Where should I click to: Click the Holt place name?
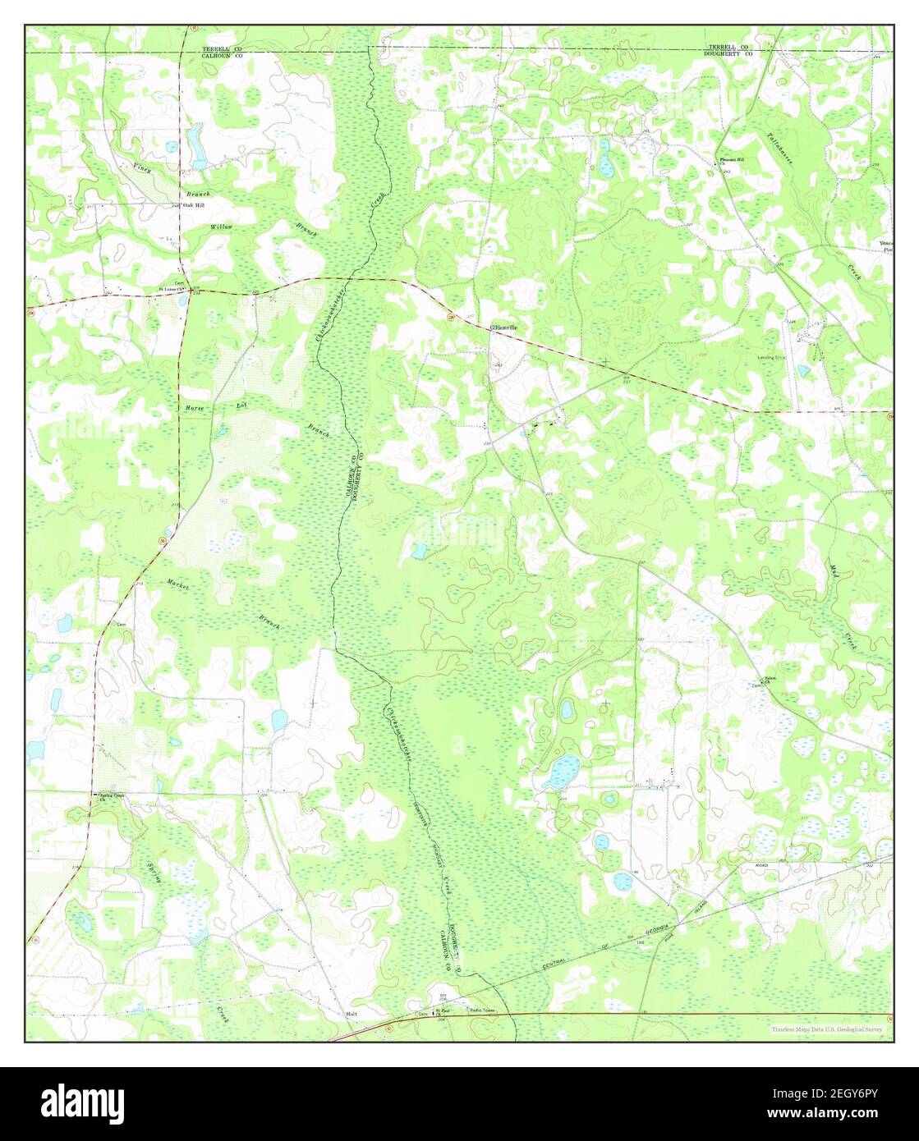click(352, 1015)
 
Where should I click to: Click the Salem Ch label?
click(770, 678)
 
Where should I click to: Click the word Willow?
click(221, 226)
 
